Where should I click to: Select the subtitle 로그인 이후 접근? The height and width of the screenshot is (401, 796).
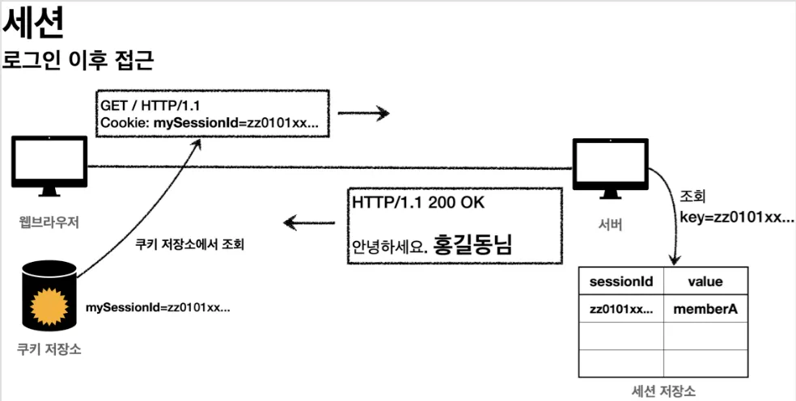pos(78,61)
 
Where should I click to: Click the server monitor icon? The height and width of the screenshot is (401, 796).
pos(611,168)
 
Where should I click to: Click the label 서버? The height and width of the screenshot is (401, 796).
pos(611,225)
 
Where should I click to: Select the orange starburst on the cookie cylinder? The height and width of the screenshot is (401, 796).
pos(49,306)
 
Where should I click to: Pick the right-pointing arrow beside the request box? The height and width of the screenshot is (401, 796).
pos(363,113)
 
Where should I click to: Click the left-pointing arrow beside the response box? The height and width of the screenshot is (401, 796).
pos(309,222)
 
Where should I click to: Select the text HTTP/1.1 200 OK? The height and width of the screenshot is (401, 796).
pos(417,202)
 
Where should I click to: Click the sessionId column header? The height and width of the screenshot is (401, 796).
pos(620,281)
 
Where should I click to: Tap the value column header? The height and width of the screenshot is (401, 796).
pos(705,281)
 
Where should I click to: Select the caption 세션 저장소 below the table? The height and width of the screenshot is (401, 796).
pos(663,390)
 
